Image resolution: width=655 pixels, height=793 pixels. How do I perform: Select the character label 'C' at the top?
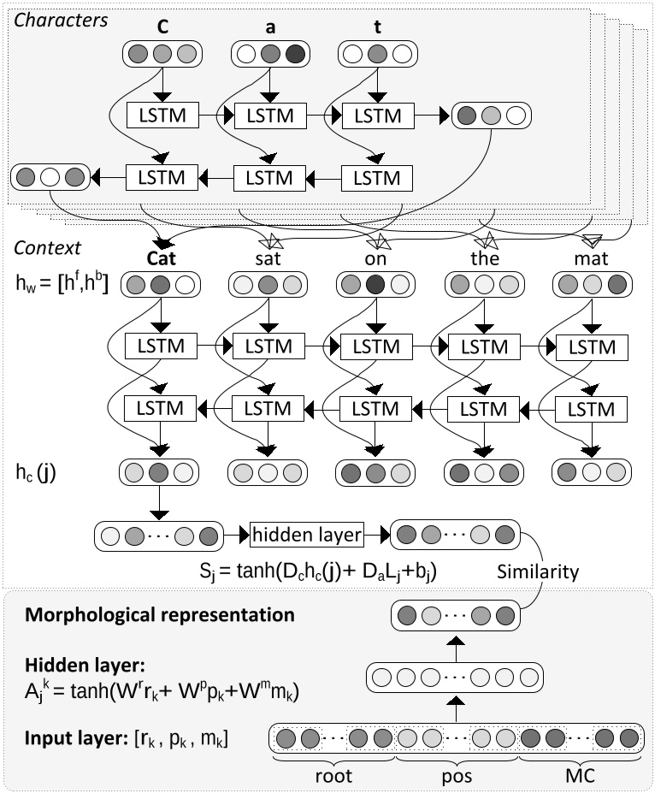(x=162, y=26)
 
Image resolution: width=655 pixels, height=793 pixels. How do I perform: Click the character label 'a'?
(x=270, y=26)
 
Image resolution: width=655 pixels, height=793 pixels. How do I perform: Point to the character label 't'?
(x=378, y=26)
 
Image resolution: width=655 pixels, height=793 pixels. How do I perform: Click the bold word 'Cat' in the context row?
(x=162, y=257)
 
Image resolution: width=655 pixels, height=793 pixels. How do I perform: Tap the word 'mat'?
(x=592, y=257)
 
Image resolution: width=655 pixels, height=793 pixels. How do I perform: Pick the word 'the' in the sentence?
(x=484, y=257)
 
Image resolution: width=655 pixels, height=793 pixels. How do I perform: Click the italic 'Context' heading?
(x=47, y=247)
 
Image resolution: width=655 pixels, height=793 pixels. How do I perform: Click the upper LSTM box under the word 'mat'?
(x=592, y=347)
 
